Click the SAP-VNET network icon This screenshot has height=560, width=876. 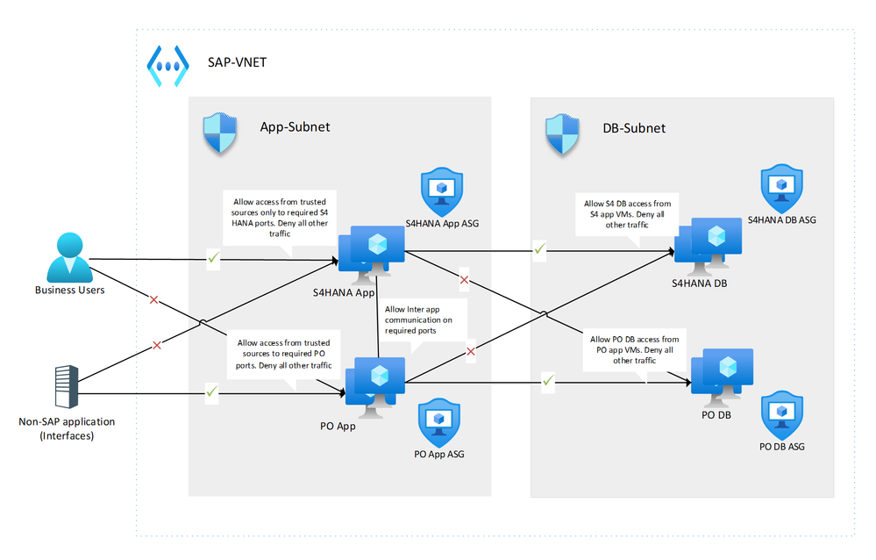tap(167, 67)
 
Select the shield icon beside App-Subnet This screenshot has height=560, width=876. tap(219, 134)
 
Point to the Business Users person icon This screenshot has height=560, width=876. tap(69, 256)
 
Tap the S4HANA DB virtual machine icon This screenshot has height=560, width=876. tap(712, 241)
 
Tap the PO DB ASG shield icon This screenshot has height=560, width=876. tap(781, 415)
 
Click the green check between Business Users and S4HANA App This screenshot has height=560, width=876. tap(211, 256)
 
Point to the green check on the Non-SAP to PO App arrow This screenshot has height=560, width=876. tap(211, 392)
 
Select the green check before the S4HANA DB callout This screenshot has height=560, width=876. tap(540, 250)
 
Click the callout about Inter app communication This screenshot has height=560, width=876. tap(424, 320)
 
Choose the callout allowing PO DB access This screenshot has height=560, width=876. tap(634, 349)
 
